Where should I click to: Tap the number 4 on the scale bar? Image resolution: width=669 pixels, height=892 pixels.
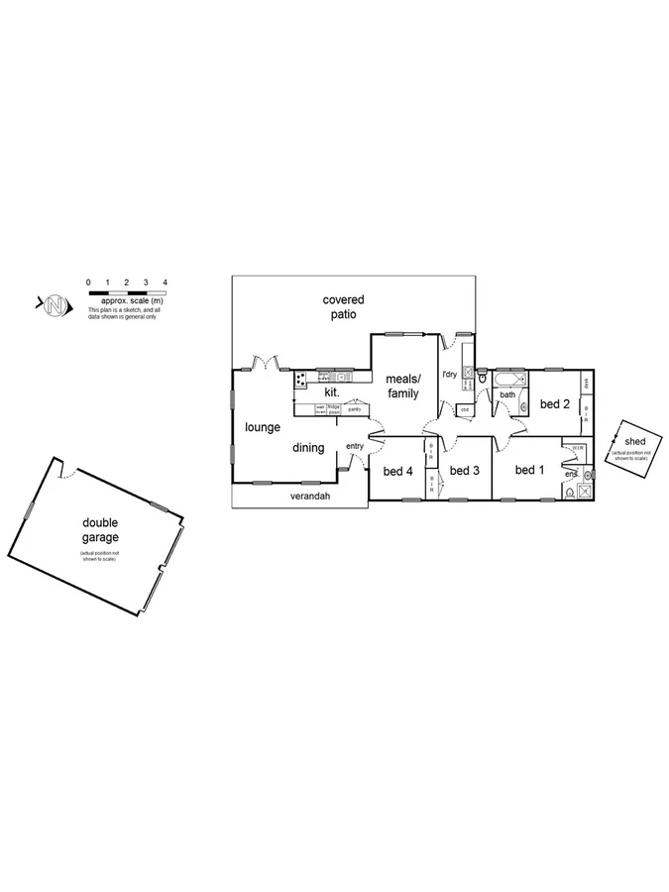165,283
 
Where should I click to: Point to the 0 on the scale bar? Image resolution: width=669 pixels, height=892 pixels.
89,283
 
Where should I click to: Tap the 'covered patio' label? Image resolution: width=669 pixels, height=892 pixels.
343,306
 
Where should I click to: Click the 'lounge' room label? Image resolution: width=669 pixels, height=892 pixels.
263,427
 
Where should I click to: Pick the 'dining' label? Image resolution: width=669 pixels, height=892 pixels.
308,448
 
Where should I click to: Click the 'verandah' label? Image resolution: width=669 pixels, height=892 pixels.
309,496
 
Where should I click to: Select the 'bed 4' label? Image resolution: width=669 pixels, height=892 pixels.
396,471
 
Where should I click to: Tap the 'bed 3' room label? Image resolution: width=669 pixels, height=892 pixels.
464,471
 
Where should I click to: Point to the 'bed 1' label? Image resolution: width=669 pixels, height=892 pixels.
530,470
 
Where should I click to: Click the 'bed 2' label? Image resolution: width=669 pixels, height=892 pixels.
554,403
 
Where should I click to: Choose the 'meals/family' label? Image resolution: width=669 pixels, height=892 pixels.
402,386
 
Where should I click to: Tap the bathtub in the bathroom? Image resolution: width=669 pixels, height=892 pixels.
507,379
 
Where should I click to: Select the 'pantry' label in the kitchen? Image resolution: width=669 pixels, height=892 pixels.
354,408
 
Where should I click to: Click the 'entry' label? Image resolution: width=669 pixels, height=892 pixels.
355,446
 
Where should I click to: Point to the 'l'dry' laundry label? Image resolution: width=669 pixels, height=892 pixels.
448,374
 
